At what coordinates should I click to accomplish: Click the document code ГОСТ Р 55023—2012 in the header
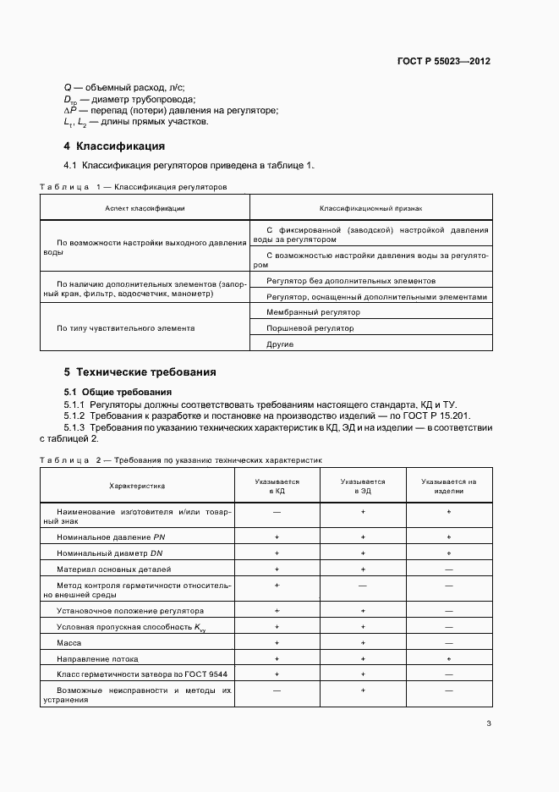tap(444, 62)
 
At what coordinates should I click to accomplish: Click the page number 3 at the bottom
tap(489, 723)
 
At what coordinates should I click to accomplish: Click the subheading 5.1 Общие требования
tap(118, 392)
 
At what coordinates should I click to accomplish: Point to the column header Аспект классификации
tap(145, 207)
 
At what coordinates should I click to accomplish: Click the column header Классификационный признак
tap(370, 207)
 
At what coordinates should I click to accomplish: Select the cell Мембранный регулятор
tap(300, 312)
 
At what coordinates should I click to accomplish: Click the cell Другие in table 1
tap(280, 344)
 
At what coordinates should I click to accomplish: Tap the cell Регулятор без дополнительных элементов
tap(351, 280)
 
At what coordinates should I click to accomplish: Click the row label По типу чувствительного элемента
tap(125, 328)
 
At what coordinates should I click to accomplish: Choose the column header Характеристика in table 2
tap(137, 486)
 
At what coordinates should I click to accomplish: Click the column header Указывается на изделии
tap(449, 486)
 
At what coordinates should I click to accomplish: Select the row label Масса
tap(69, 642)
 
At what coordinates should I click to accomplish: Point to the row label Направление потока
tap(96, 658)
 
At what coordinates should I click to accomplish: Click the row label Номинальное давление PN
tap(104, 537)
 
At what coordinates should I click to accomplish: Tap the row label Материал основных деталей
tap(113, 569)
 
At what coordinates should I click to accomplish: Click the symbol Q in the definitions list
tap(68, 87)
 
